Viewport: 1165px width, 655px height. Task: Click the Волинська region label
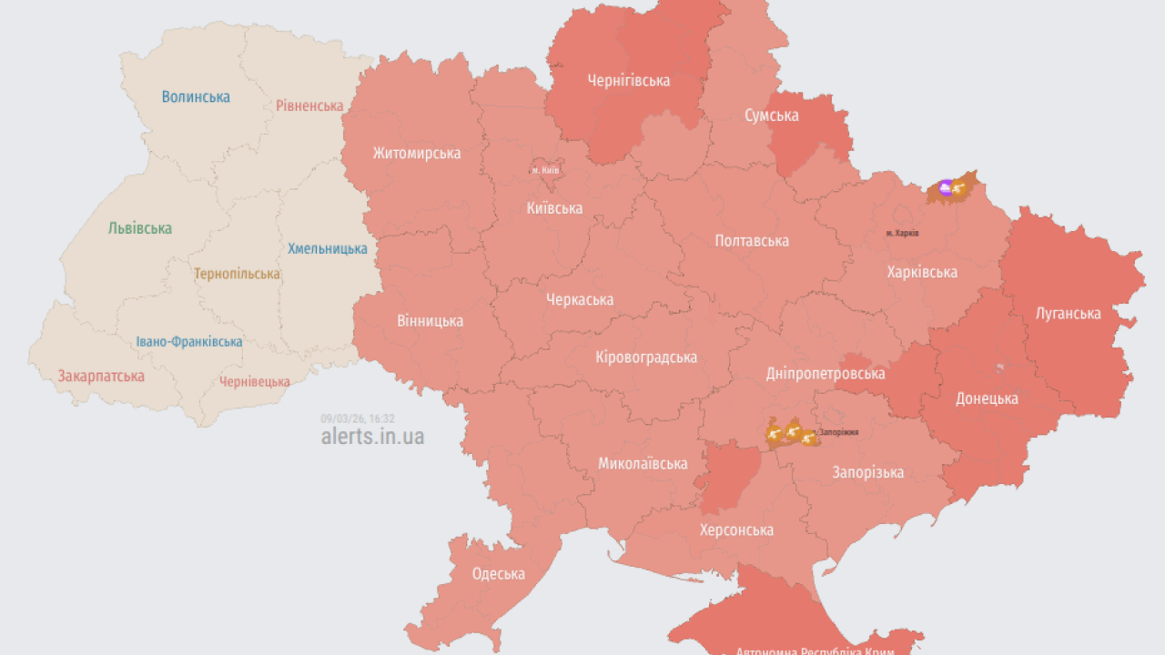point(196,96)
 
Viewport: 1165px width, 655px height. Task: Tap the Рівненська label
point(309,106)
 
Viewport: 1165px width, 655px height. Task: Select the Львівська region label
point(139,228)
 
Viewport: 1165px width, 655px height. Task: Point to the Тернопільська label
point(237,274)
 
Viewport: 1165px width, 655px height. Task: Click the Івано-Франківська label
point(189,342)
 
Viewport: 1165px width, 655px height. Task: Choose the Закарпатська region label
point(101,376)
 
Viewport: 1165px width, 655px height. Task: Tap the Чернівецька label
point(255,382)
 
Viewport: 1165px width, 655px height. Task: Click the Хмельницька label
point(328,248)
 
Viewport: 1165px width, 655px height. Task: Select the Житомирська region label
point(417,153)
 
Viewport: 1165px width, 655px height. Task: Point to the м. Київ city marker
point(545,170)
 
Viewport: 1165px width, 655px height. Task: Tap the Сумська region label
point(772,116)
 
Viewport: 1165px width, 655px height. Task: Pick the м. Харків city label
point(902,234)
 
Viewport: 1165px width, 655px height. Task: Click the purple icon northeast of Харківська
point(945,188)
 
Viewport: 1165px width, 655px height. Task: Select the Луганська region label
point(1069,314)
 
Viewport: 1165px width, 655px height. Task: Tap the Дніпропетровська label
point(826,374)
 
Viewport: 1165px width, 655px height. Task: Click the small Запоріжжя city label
point(838,432)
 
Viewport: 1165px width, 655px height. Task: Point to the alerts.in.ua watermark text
point(372,436)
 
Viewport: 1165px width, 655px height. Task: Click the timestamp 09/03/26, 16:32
point(358,418)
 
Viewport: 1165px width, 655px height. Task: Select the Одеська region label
point(498,574)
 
